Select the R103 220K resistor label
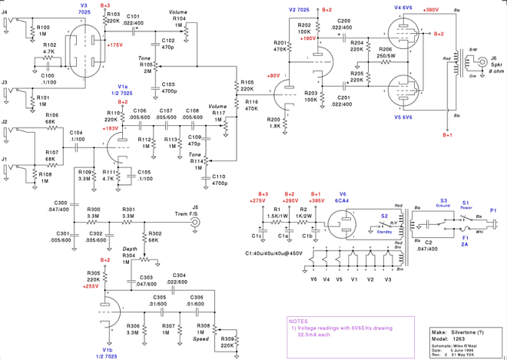[112, 18]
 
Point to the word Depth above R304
[130, 249]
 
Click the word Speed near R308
[201, 339]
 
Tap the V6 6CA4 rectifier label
[343, 197]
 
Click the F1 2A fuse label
[464, 240]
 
